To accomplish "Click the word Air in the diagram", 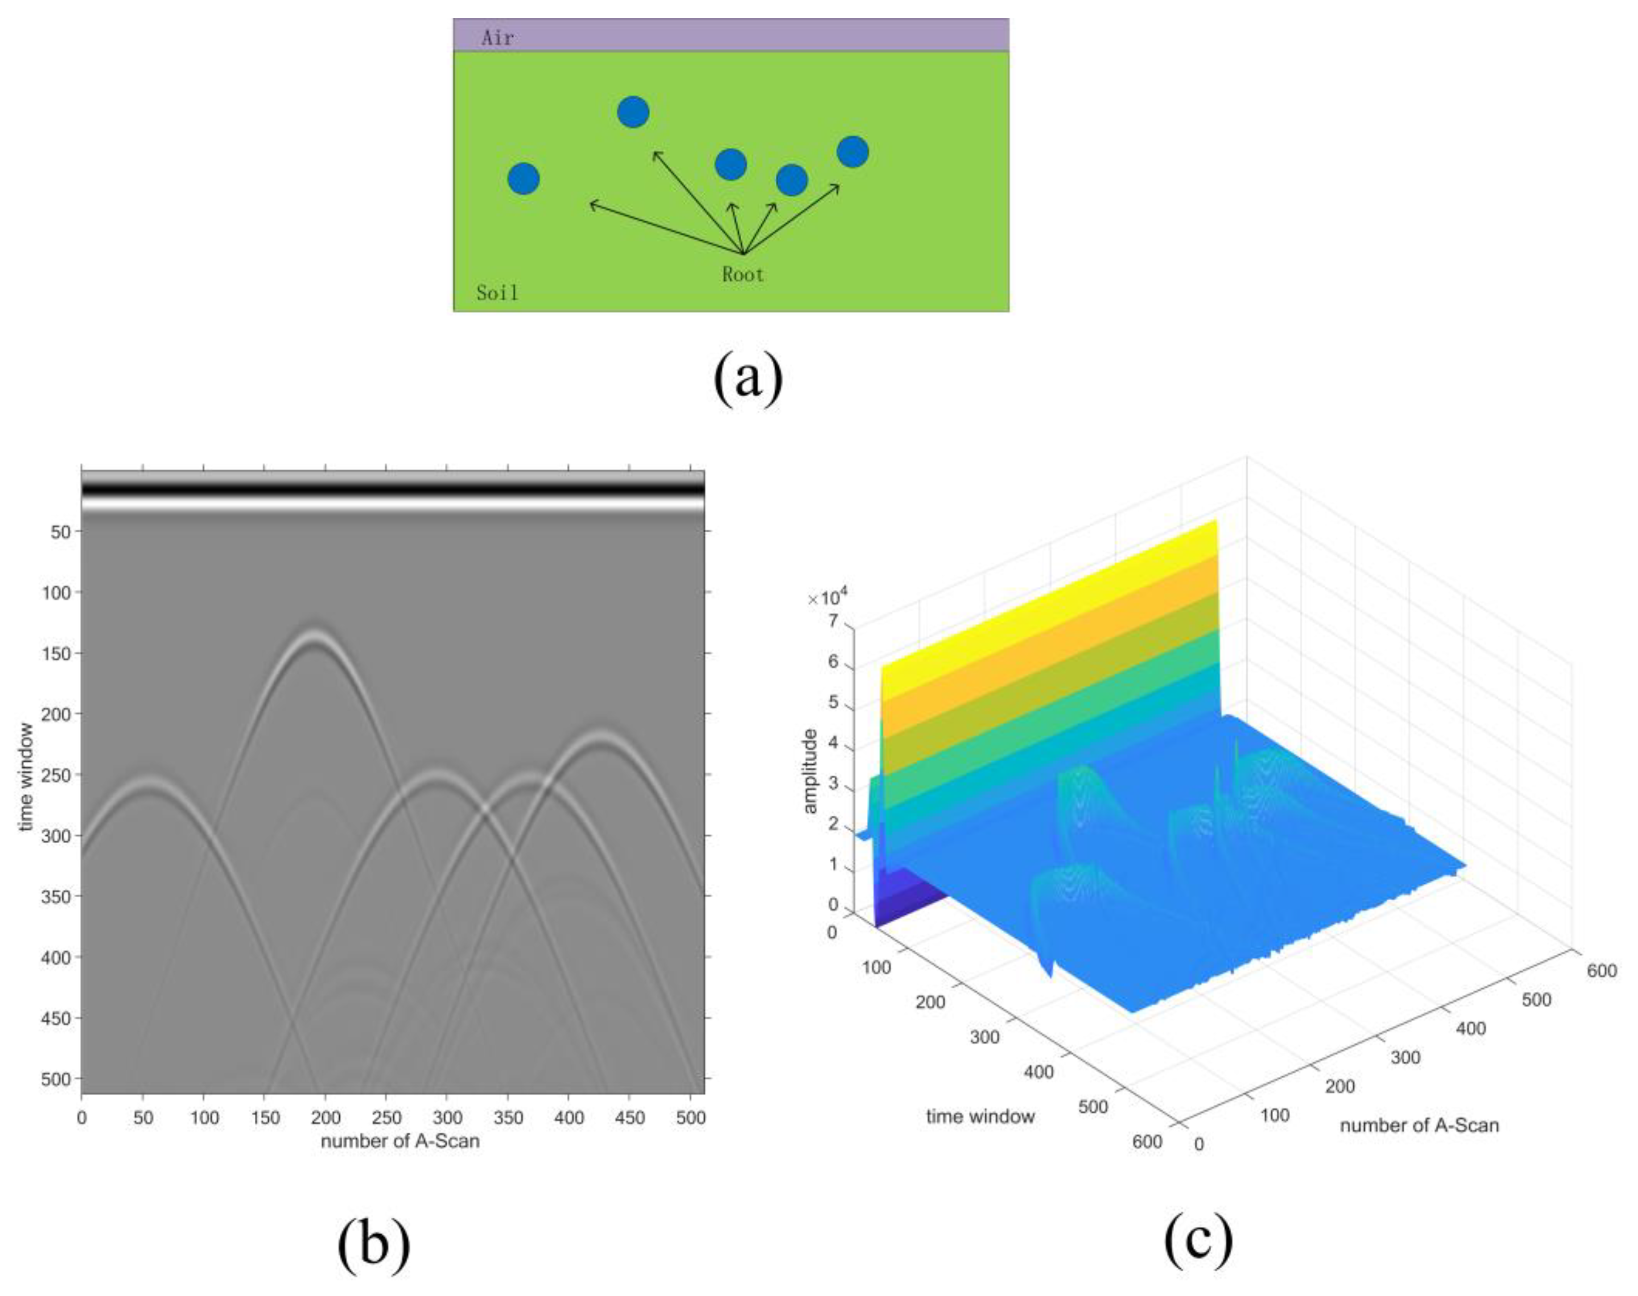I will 498,38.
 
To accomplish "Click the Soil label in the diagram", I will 498,293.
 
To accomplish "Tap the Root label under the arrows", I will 743,275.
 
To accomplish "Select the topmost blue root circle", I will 633,112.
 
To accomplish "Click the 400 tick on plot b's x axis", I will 569,1118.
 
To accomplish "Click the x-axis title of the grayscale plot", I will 400,1141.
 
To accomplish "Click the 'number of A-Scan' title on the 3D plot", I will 1419,1125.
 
